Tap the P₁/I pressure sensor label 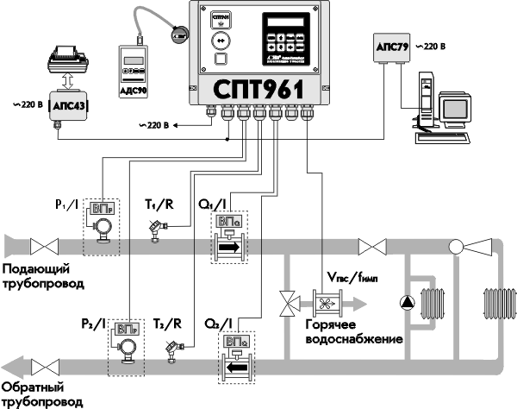61,205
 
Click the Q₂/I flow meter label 216,324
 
